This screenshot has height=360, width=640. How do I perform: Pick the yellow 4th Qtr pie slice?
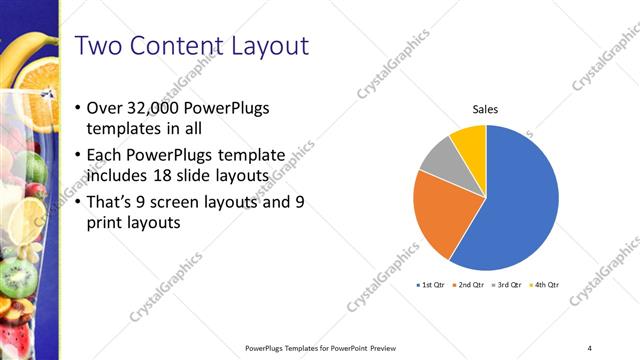click(x=469, y=139)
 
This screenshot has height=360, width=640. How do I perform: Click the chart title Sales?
click(x=486, y=110)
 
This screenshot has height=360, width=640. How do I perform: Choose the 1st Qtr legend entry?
click(x=430, y=285)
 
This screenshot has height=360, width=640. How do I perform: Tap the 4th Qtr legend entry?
click(x=544, y=285)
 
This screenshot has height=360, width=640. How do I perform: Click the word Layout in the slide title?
click(x=266, y=46)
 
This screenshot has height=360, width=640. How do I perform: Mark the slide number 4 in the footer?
click(x=589, y=347)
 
